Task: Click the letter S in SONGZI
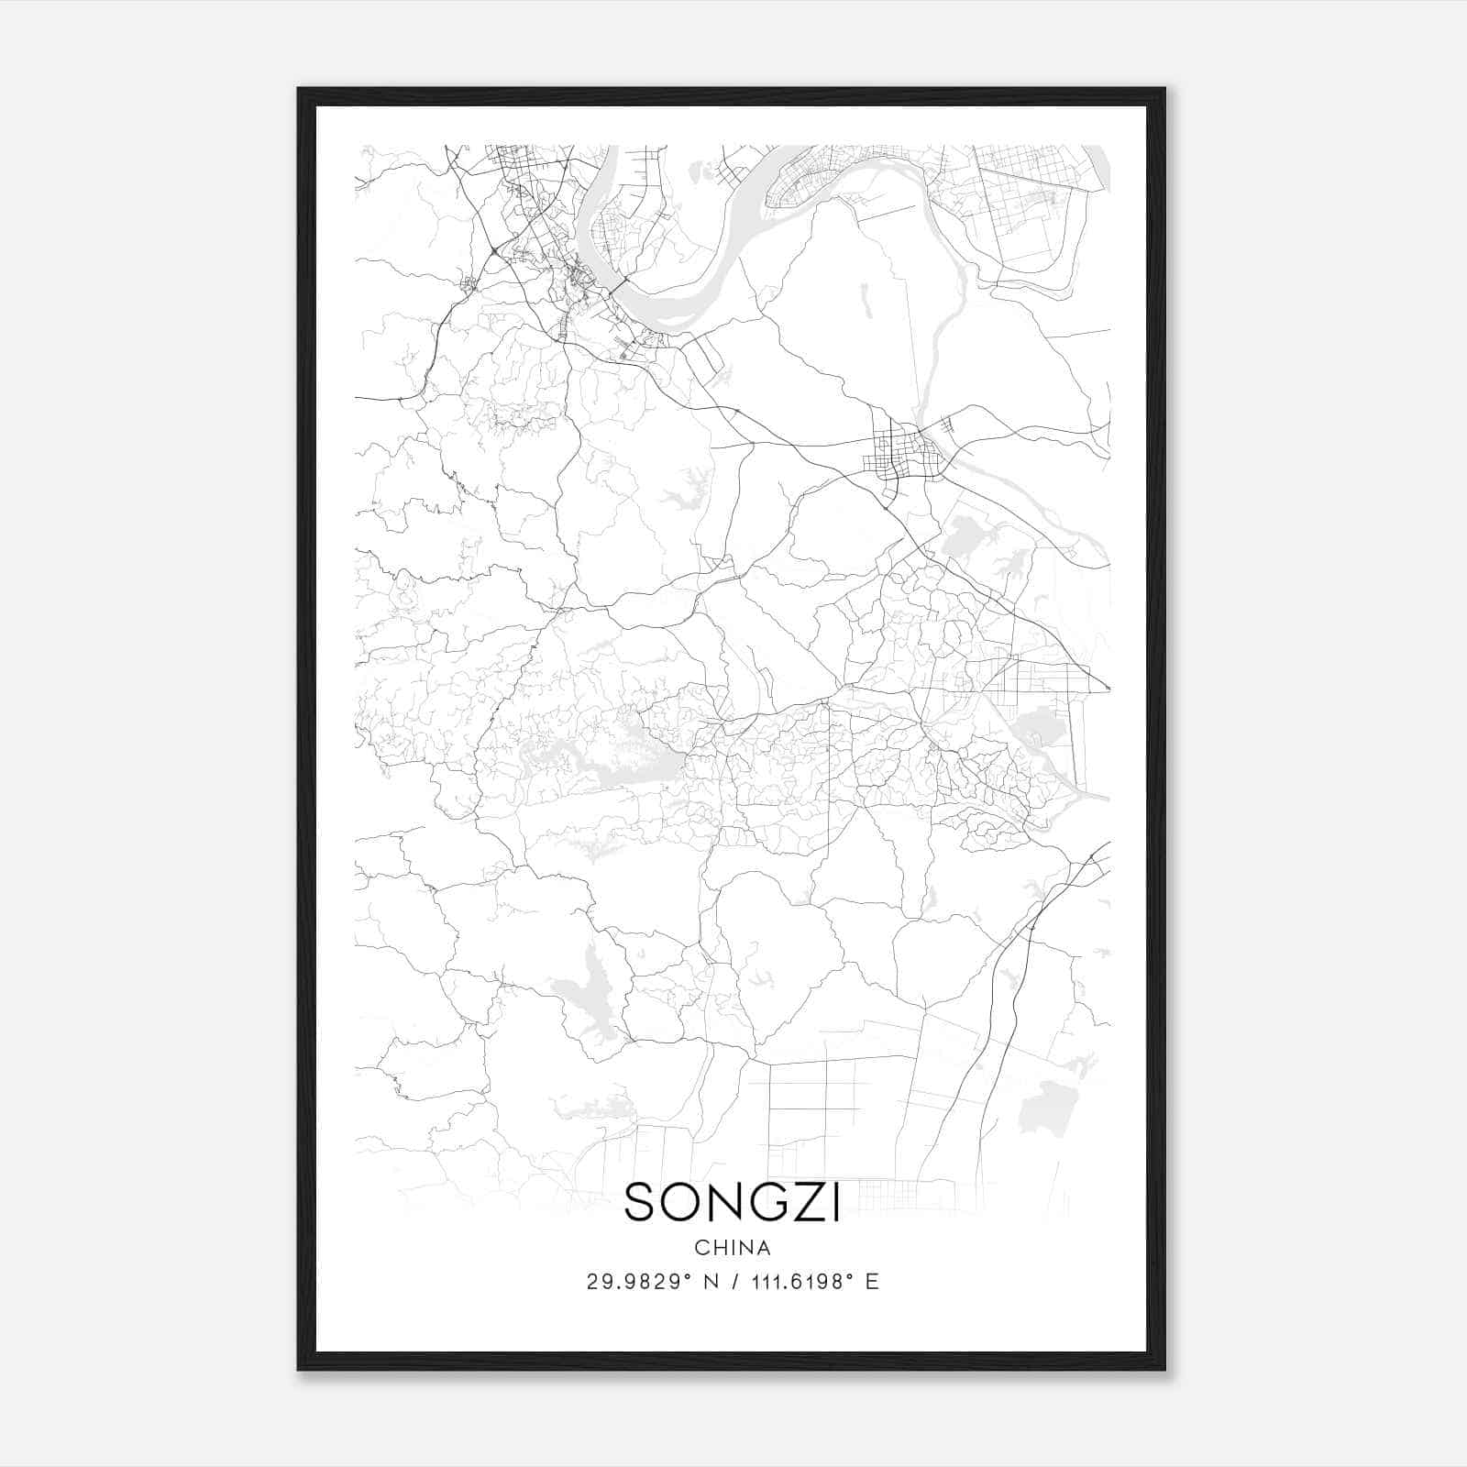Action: pos(640,1203)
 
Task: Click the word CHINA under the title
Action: pos(733,1248)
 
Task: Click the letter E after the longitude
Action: pos(872,1282)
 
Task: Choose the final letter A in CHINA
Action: pos(764,1248)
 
